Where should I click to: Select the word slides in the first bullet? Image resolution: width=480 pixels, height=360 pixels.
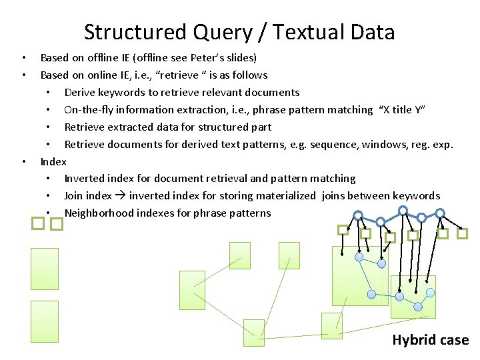click(238, 58)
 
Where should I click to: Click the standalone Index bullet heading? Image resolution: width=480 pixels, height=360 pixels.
click(53, 162)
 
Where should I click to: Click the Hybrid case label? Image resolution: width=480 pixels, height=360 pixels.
click(430, 340)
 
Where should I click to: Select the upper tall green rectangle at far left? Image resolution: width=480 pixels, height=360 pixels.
click(45, 269)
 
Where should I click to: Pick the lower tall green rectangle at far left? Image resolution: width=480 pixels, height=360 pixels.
click(45, 321)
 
